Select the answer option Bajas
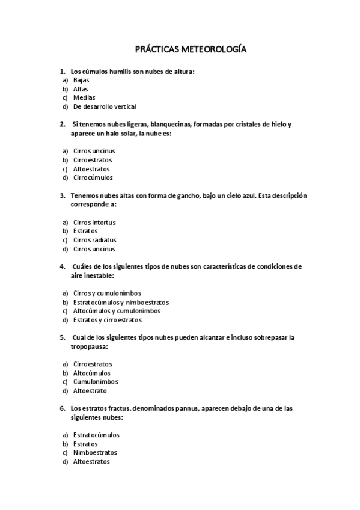(82, 79)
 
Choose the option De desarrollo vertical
(104, 106)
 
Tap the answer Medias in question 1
(84, 97)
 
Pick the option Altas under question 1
(81, 88)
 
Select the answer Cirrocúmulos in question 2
(93, 177)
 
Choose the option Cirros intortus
(94, 222)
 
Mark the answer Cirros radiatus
(94, 240)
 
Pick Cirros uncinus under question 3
(94, 249)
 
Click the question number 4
(63, 266)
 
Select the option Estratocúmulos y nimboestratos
(121, 302)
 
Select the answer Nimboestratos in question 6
(95, 452)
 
